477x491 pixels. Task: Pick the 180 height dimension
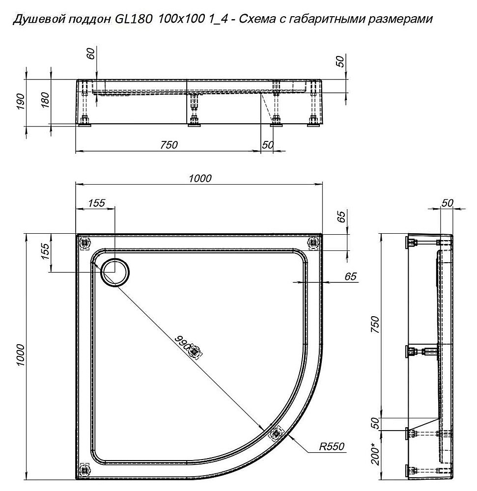tap(46, 101)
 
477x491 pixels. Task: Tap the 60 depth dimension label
tap(90, 54)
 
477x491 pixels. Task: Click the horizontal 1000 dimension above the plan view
tap(200, 178)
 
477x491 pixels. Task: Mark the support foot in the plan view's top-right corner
tap(313, 242)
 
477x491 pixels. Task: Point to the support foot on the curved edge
tap(276, 433)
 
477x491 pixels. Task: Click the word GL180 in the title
tap(129, 20)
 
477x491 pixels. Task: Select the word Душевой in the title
tap(33, 20)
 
